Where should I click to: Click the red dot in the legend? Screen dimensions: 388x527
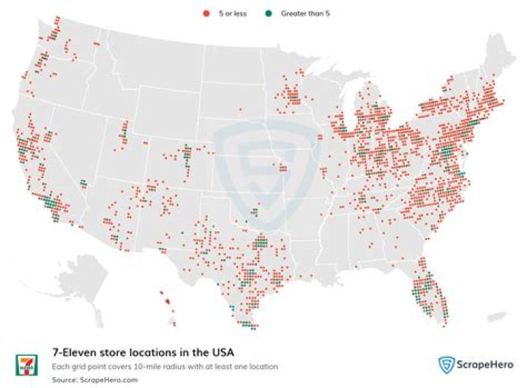(x=206, y=13)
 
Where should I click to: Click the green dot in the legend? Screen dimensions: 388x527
(x=269, y=13)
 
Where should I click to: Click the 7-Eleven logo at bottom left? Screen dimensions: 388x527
(x=25, y=364)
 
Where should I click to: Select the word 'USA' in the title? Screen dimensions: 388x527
(x=221, y=353)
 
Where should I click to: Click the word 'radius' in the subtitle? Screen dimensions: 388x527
(x=166, y=367)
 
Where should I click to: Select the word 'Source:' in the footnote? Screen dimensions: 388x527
(x=64, y=379)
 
